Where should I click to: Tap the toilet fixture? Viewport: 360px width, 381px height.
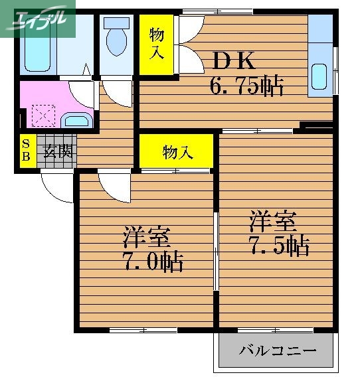pos(117,38)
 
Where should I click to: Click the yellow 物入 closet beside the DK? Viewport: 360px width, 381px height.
pos(157,43)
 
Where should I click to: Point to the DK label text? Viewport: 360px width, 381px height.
pos(234,61)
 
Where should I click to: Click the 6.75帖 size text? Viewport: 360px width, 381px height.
pos(247,86)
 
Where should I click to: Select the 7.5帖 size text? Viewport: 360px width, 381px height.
pos(278,246)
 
